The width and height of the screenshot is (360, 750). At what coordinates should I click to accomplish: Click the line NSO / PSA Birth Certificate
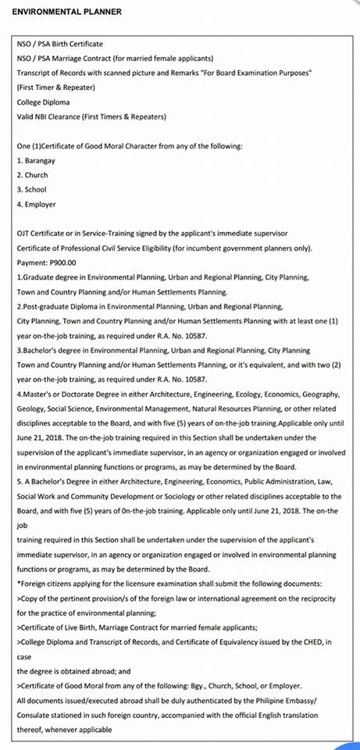tap(59, 44)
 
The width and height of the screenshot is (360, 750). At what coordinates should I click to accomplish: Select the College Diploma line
tap(42, 102)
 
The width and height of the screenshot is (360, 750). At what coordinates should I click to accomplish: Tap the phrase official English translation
tap(271, 715)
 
